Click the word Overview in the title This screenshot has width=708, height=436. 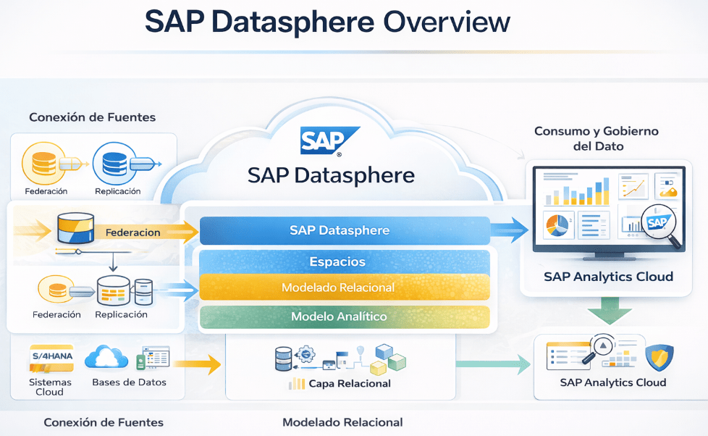click(x=447, y=22)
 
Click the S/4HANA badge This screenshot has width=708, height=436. click(x=51, y=357)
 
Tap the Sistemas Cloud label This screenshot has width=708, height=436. click(x=50, y=387)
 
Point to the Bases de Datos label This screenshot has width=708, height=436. click(x=130, y=382)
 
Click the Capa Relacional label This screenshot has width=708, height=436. click(x=350, y=384)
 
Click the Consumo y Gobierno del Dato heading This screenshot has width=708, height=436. click(x=596, y=138)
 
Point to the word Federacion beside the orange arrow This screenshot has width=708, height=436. click(x=132, y=232)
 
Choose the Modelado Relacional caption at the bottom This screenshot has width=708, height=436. click(x=342, y=422)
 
